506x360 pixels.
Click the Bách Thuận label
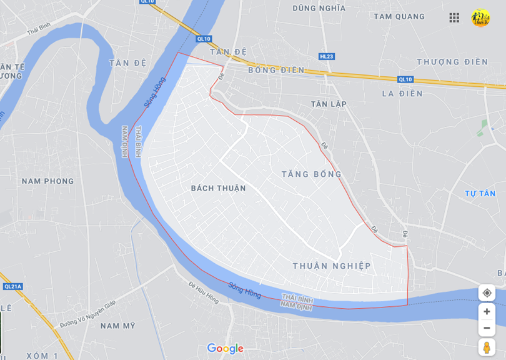[x=218, y=188]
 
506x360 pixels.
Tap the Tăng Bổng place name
[x=311, y=174]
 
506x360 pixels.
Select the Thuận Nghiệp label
[x=332, y=266]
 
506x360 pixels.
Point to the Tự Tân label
[x=480, y=194]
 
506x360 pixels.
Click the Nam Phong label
[x=47, y=181]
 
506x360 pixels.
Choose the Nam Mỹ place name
[x=117, y=326]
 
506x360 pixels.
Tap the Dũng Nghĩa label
[x=319, y=8]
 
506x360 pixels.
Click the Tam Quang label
[x=399, y=17]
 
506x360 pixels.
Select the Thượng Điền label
[x=452, y=62]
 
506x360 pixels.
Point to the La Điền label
[x=402, y=94]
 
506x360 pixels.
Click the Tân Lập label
[x=329, y=104]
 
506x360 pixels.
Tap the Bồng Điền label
[x=276, y=70]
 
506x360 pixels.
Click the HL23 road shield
[x=326, y=56]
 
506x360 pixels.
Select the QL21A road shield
[x=12, y=286]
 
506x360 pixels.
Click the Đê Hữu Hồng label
[x=204, y=292]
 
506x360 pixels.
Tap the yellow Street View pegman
[x=487, y=347]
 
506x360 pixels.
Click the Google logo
[x=225, y=348]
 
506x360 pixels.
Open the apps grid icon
[x=454, y=17]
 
